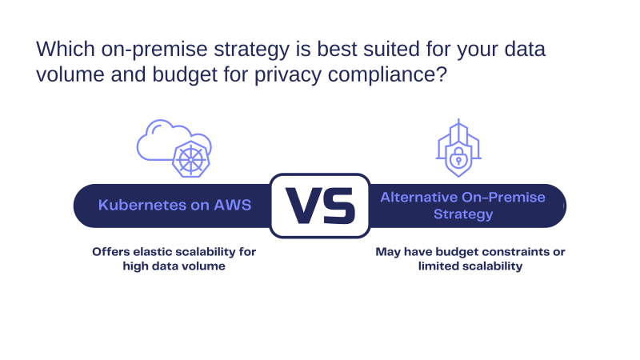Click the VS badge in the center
(320, 206)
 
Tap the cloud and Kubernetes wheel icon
(174, 148)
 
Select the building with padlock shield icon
(458, 148)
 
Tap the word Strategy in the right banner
(463, 214)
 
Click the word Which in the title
(66, 49)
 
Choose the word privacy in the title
(288, 75)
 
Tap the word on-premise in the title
(154, 50)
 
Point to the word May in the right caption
(388, 252)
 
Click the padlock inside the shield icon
(458, 157)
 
